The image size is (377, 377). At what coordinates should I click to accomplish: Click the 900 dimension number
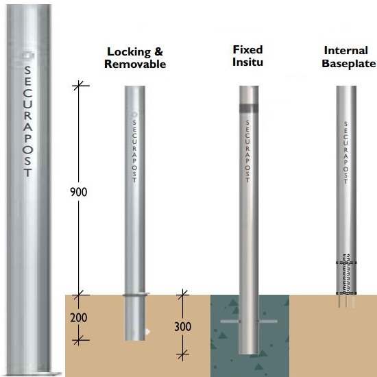[78, 192]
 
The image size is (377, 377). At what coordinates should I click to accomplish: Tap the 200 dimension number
[78, 317]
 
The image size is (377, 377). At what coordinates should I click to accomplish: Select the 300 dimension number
[183, 326]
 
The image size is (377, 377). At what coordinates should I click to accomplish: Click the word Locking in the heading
[129, 52]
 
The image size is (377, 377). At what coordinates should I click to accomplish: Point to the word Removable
[135, 64]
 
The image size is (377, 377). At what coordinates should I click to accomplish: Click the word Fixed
[247, 50]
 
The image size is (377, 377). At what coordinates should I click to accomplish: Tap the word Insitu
[247, 62]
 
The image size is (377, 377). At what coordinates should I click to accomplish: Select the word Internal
[346, 51]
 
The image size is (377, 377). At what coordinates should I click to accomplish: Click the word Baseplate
[349, 64]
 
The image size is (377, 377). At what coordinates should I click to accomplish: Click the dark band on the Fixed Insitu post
[249, 108]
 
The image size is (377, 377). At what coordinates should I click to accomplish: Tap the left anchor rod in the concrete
[230, 321]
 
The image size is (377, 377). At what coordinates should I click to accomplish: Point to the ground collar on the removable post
[136, 295]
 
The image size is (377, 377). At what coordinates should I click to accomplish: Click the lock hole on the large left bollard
[28, 56]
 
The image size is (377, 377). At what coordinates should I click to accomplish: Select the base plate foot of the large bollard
[34, 374]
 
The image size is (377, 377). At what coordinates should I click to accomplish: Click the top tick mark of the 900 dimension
[79, 86]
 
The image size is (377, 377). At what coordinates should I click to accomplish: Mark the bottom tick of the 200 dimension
[79, 340]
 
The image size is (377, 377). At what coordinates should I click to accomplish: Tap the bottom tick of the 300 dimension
[183, 354]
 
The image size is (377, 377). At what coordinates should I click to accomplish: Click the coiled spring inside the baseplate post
[346, 274]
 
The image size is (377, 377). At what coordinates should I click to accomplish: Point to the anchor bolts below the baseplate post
[346, 302]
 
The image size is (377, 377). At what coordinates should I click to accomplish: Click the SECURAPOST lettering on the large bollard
[28, 121]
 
